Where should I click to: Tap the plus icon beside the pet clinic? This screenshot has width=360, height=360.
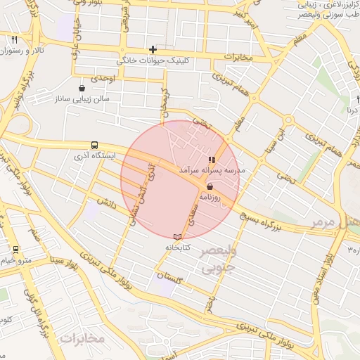(153, 49)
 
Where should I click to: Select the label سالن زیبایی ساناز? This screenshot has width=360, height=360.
(83, 100)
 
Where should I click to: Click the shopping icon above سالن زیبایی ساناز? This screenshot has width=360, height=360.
(82, 89)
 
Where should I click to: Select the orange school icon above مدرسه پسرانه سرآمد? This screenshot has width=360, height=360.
(212, 160)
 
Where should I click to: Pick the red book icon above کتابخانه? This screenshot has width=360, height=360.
(177, 236)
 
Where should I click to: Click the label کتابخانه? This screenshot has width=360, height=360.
(177, 247)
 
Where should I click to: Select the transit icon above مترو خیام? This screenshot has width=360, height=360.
(15, 250)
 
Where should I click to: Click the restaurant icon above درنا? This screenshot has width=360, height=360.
(351, 99)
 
